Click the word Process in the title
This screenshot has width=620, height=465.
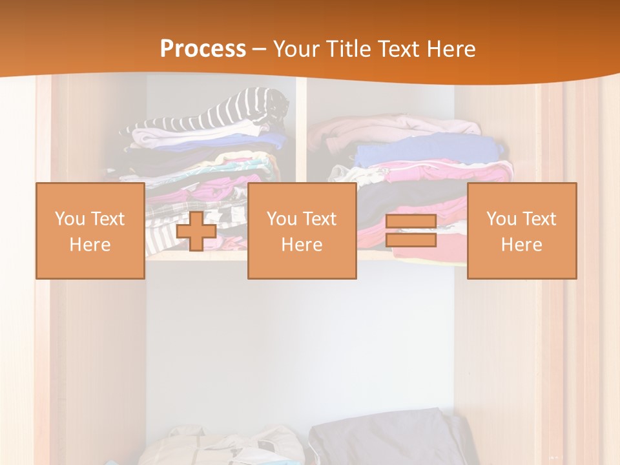tap(203, 49)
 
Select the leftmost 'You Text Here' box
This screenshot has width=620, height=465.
tap(90, 231)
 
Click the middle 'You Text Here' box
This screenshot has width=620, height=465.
tap(302, 231)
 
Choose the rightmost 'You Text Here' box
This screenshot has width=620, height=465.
tap(522, 231)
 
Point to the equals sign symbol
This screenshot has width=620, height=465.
tap(411, 231)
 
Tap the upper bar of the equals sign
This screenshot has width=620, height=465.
tap(411, 222)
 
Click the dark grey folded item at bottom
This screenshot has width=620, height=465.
tap(387, 439)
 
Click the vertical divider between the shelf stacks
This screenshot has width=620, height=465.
tap(301, 129)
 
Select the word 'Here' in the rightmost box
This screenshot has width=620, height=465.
tap(522, 244)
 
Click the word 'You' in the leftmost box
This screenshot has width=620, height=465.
tap(70, 218)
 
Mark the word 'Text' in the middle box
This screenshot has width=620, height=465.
tap(320, 218)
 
